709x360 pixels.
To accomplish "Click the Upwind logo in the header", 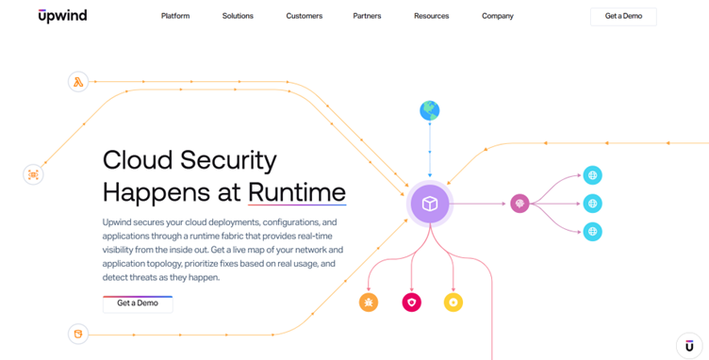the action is (x=62, y=16).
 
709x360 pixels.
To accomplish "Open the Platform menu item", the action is (x=175, y=16).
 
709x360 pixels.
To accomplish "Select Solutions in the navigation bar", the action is (x=238, y=16).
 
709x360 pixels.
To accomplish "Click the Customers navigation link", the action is (x=305, y=16).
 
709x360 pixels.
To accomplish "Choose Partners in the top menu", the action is (x=367, y=16).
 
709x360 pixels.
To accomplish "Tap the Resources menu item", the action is (x=432, y=16).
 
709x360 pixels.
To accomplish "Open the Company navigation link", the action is (x=498, y=16).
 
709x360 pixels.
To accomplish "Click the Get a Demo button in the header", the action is (x=623, y=16).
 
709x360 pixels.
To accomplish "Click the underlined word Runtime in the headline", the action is (x=297, y=192).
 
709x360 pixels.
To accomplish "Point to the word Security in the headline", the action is (x=228, y=160).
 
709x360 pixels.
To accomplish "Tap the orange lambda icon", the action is (x=78, y=82).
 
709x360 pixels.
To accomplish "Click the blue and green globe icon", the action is (x=430, y=110).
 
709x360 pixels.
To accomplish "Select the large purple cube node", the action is (x=430, y=204).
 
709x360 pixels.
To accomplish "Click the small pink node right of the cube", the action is (x=520, y=204).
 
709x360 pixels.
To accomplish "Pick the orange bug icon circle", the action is (x=369, y=303).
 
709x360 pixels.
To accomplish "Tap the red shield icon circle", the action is (x=411, y=303).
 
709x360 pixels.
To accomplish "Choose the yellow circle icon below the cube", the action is (x=453, y=303).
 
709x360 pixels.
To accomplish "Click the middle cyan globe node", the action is (x=592, y=204).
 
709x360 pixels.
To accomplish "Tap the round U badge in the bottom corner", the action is (x=689, y=346).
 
